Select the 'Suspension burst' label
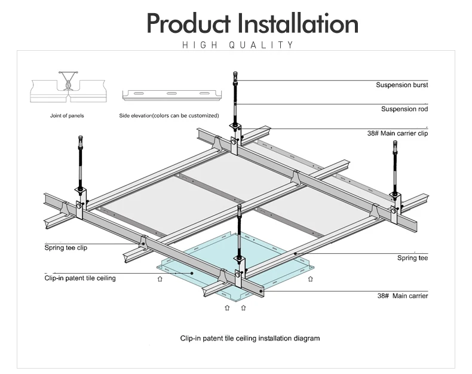pyautogui.click(x=401, y=85)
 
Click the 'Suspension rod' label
pyautogui.click(x=404, y=109)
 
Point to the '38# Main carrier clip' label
pyautogui.click(x=397, y=133)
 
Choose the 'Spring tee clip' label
pyautogui.click(x=66, y=247)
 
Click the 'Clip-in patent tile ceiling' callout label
pyautogui.click(x=80, y=278)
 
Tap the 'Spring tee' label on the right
pyautogui.click(x=412, y=258)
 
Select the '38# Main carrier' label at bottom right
pyautogui.click(x=402, y=296)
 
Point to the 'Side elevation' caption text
pyautogui.click(x=169, y=115)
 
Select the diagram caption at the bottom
pyautogui.click(x=250, y=338)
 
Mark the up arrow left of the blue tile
pyautogui.click(x=160, y=278)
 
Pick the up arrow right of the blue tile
pyautogui.click(x=309, y=278)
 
